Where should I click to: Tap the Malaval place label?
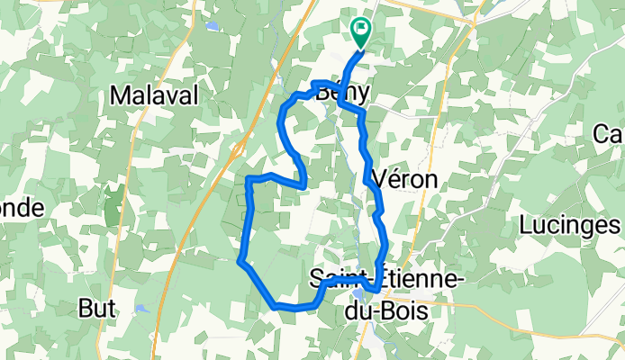(x=153, y=95)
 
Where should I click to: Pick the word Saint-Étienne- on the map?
(x=387, y=279)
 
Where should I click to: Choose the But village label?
(x=97, y=308)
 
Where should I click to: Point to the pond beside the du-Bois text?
(x=358, y=292)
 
